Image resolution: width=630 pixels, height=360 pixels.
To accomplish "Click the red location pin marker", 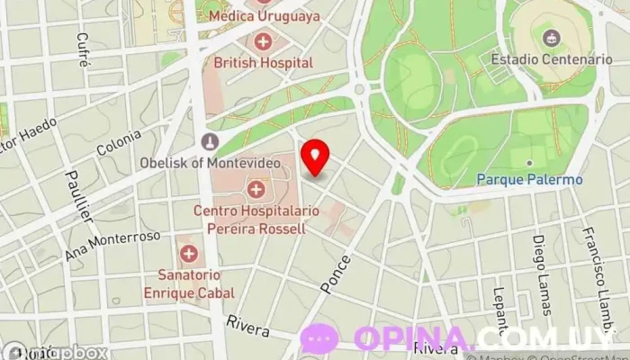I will coord(315,156).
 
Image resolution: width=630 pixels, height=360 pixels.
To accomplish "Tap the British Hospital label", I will coord(263,63).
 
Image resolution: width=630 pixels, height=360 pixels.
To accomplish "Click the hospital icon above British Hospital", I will coord(263,40).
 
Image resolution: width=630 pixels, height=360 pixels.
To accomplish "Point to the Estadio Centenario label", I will coord(552,59).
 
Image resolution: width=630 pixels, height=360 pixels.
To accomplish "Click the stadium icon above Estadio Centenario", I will coord(551,37).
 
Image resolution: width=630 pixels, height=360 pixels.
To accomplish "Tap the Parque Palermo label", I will coord(530,179).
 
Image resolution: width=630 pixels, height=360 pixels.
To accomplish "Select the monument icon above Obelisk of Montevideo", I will coord(210,141).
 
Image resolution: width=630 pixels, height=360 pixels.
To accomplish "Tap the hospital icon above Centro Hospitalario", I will coord(256,189).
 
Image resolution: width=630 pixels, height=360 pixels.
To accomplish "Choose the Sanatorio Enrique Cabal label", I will coord(189,283).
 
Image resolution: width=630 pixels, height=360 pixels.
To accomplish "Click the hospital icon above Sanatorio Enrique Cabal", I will coord(188,254).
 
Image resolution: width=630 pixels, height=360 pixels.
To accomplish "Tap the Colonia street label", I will coord(119,145).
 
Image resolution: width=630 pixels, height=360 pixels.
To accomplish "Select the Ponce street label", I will coord(336,271).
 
